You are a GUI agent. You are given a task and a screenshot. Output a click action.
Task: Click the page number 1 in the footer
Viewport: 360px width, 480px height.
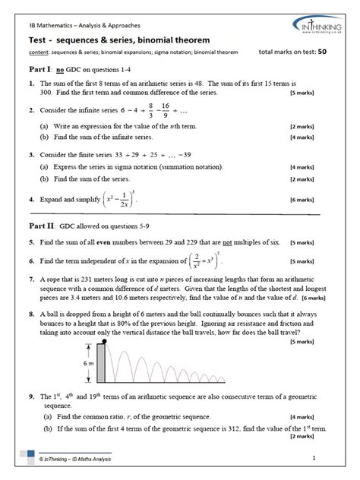333,457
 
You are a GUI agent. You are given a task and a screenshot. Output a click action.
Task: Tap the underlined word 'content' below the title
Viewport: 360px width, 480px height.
35,53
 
